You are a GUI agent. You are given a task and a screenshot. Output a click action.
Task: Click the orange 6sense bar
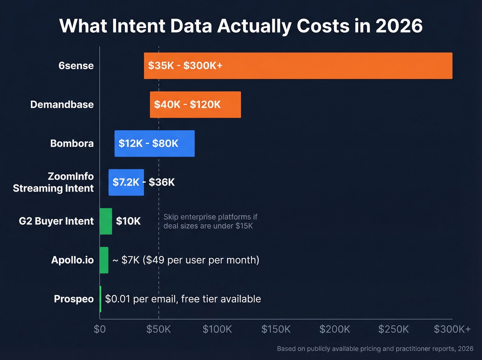click(298, 66)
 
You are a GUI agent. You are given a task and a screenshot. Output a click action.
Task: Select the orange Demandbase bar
click(195, 105)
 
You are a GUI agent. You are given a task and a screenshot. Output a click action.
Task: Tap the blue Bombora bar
click(154, 144)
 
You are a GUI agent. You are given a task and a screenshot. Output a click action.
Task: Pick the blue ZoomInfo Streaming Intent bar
click(126, 183)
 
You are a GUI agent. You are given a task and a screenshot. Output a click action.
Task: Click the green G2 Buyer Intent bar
click(106, 221)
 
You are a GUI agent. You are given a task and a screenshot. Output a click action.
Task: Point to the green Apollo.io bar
click(104, 260)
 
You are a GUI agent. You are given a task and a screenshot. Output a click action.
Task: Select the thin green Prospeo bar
click(100, 299)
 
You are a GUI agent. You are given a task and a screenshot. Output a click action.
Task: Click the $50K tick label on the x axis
click(158, 329)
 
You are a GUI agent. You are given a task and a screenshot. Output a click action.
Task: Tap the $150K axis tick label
click(276, 329)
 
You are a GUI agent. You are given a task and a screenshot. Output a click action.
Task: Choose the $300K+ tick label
click(452, 329)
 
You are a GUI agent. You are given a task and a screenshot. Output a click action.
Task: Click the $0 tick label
click(100, 329)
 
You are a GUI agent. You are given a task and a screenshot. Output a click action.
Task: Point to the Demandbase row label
click(62, 105)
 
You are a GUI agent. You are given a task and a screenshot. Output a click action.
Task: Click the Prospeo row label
click(74, 299)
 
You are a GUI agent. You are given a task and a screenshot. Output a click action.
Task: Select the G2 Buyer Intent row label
click(56, 221)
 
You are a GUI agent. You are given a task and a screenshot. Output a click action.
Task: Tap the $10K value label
click(128, 221)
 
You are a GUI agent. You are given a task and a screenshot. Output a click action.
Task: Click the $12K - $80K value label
click(148, 144)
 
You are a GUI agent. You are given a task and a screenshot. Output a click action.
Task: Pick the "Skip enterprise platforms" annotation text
click(210, 221)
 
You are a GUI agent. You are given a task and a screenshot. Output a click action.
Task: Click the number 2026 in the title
click(399, 26)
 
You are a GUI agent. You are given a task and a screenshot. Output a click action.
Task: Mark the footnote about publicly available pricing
click(375, 349)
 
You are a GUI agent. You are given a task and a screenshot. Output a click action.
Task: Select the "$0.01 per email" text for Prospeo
click(183, 299)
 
